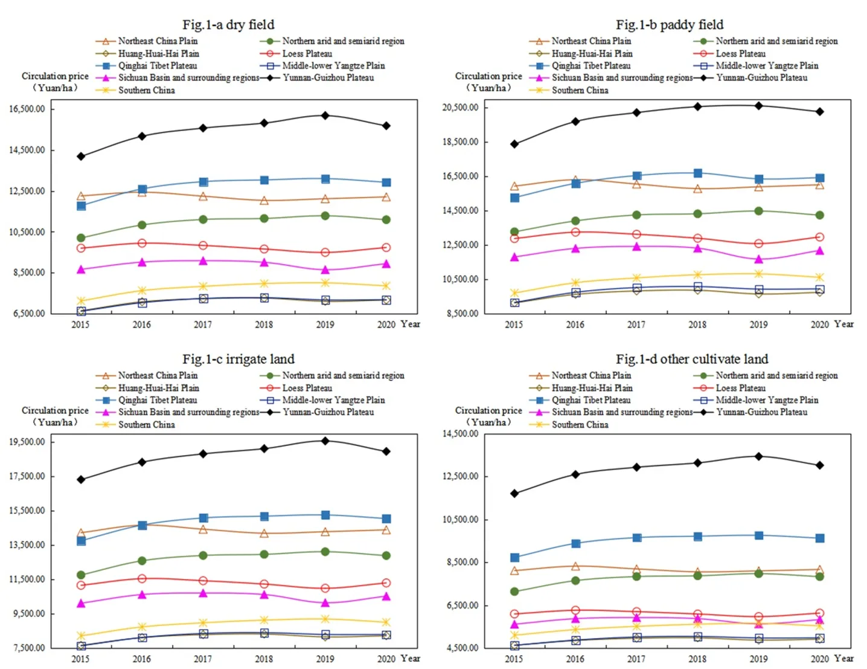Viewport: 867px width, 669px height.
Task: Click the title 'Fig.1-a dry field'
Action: [228, 25]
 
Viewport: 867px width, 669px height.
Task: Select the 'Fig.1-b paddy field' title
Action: [669, 25]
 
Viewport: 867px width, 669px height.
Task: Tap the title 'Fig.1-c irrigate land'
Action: [238, 359]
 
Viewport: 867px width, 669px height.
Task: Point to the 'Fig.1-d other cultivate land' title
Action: [691, 359]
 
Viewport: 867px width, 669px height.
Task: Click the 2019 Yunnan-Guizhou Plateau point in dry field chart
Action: [325, 115]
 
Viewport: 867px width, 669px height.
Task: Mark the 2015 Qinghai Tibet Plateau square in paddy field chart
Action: [514, 198]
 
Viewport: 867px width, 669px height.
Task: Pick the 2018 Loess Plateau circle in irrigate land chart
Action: [264, 584]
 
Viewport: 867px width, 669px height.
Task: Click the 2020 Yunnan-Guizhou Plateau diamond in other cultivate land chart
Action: [820, 465]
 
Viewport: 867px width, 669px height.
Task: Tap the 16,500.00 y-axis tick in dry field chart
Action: [27, 109]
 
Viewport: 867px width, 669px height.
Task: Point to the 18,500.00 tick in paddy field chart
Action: [461, 142]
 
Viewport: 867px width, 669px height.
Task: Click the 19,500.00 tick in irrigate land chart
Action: [27, 442]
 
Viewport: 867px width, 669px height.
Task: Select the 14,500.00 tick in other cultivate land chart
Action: [461, 434]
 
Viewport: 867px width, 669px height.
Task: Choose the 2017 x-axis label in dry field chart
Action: [203, 325]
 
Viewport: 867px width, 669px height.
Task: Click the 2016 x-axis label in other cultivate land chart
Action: [575, 659]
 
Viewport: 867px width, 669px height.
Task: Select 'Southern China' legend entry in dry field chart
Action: [146, 90]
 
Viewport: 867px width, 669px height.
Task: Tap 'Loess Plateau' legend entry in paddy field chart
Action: [740, 54]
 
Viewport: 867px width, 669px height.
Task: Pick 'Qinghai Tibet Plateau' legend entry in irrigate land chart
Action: [157, 400]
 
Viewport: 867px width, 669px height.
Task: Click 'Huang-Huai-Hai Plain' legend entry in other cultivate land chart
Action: [592, 388]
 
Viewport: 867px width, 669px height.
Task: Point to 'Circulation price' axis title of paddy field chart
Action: [488, 76]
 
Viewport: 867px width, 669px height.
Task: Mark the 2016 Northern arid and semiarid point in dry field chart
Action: [142, 225]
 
